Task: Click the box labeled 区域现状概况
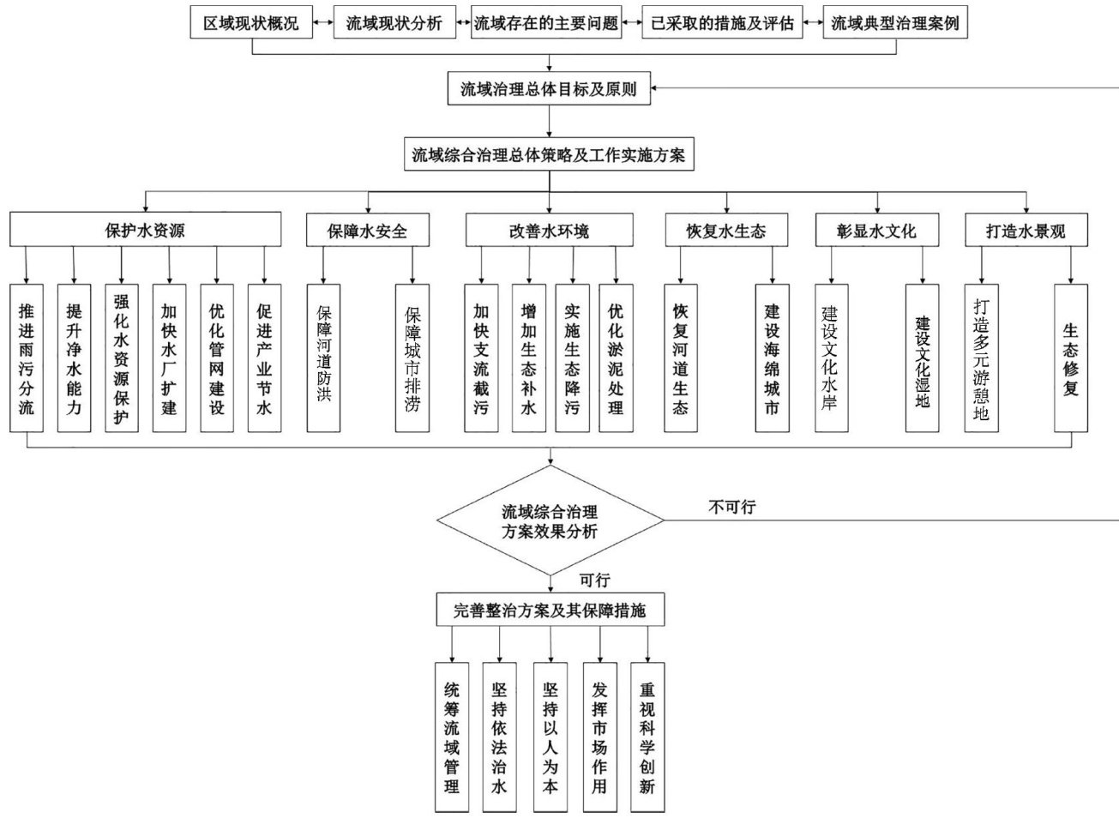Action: tap(250, 23)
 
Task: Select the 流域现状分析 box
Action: tap(394, 23)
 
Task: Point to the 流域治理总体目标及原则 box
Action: tap(549, 88)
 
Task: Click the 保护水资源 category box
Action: tap(146, 231)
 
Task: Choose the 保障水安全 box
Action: tap(368, 231)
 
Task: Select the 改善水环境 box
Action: tap(549, 231)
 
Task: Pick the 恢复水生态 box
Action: tap(726, 231)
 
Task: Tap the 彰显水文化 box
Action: tap(877, 231)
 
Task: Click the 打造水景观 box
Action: tap(1026, 231)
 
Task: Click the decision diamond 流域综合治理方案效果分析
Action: tap(550, 520)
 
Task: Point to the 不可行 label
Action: tap(731, 507)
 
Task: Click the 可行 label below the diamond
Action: tap(594, 580)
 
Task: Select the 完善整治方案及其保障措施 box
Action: tap(550, 610)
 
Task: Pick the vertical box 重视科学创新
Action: tap(647, 737)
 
